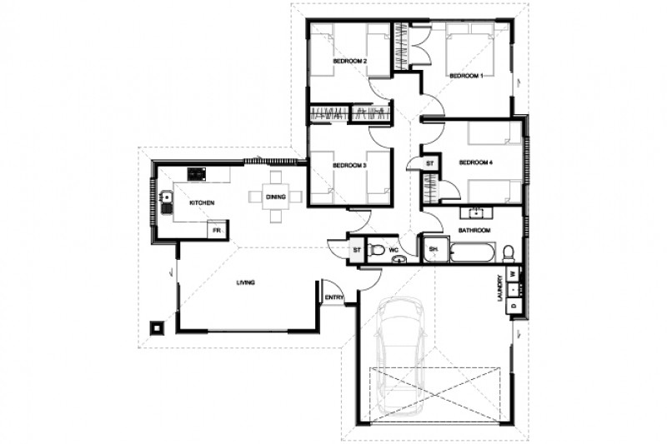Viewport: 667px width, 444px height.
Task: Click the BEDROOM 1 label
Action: (x=467, y=76)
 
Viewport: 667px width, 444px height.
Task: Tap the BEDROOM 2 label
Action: (x=350, y=61)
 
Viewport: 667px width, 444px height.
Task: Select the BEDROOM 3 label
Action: (x=350, y=165)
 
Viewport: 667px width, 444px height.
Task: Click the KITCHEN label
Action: (x=203, y=203)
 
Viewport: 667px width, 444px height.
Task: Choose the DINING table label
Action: (x=276, y=197)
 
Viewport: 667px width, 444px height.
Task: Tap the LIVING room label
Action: (x=245, y=283)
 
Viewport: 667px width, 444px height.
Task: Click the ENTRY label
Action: (x=333, y=297)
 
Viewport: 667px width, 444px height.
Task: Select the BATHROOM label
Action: (x=474, y=229)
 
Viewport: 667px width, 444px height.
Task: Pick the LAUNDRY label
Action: (x=501, y=288)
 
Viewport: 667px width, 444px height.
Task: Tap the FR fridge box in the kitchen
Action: (x=216, y=229)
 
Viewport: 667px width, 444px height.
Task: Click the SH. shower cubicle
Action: (x=434, y=250)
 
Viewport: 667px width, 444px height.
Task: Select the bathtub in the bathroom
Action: (x=472, y=251)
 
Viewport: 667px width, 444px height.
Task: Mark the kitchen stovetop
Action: (x=198, y=174)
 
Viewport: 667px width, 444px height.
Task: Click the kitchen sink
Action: (x=167, y=198)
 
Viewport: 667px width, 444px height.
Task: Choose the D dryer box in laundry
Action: (x=514, y=306)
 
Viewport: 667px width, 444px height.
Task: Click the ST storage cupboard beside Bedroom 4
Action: (x=430, y=164)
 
